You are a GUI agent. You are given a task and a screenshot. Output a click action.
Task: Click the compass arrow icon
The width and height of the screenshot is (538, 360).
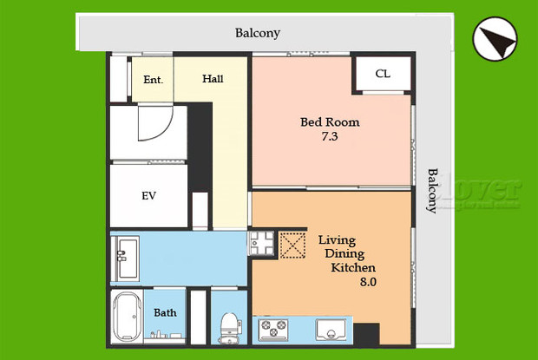click(x=495, y=40)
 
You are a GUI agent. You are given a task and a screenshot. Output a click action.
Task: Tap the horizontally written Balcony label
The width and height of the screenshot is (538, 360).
click(x=258, y=34)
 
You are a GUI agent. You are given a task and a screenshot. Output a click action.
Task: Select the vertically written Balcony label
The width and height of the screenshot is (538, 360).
click(x=431, y=190)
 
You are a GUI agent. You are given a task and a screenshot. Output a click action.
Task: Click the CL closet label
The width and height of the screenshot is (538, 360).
click(x=383, y=74)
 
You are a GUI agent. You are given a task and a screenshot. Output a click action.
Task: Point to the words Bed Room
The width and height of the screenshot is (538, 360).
click(x=330, y=122)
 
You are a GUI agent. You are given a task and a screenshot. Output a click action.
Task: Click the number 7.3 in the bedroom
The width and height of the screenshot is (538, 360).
click(x=330, y=137)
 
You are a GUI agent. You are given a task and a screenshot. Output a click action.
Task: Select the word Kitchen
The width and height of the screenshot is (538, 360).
click(x=354, y=267)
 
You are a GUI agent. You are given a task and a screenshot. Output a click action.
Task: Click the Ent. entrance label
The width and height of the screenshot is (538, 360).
click(x=153, y=80)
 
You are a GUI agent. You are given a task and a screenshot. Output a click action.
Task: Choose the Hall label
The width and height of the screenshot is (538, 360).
click(x=213, y=79)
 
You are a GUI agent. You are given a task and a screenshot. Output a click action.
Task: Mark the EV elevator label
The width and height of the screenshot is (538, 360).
click(x=148, y=196)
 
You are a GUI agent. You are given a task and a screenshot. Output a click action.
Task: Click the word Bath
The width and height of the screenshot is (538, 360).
click(x=165, y=312)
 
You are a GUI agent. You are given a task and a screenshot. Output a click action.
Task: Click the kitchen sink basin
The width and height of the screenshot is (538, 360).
click(x=331, y=330)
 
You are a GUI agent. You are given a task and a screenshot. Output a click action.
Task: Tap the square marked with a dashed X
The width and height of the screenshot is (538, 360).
click(x=293, y=245)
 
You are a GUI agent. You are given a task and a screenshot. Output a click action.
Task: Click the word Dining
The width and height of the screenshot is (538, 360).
click(x=344, y=253)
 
